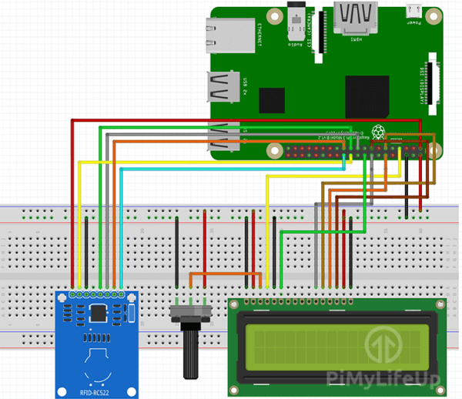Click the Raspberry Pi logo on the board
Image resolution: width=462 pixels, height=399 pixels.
coord(378,132)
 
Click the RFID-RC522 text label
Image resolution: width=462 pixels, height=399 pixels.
coord(96,391)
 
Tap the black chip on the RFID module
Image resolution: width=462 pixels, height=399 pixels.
coord(99,313)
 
